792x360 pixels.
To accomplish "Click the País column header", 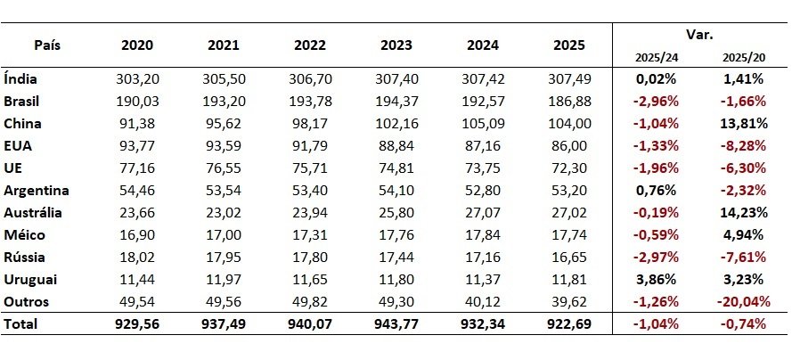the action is (47, 45).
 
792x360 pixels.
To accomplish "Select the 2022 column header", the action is (310, 45).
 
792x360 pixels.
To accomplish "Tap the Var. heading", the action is (699, 35).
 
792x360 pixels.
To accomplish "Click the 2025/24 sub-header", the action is (657, 58).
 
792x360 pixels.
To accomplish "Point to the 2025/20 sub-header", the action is (744, 58).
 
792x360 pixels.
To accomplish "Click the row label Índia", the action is (20, 78).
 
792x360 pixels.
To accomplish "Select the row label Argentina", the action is (37, 191).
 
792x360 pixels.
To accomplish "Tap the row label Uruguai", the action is (30, 280).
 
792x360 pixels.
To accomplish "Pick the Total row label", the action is (20, 324).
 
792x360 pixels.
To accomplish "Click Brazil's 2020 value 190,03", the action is (137, 102).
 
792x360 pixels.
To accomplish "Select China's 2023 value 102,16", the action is (396, 124).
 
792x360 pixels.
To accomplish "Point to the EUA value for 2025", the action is (569, 146).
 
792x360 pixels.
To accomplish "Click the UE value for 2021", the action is (224, 168).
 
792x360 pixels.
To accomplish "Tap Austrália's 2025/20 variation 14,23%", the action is (744, 213).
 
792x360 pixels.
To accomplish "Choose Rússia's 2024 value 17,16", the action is (483, 257).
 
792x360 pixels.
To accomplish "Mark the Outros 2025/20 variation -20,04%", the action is (743, 302).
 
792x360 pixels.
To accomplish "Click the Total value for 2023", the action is (396, 324).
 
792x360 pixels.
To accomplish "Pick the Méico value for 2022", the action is (310, 234).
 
